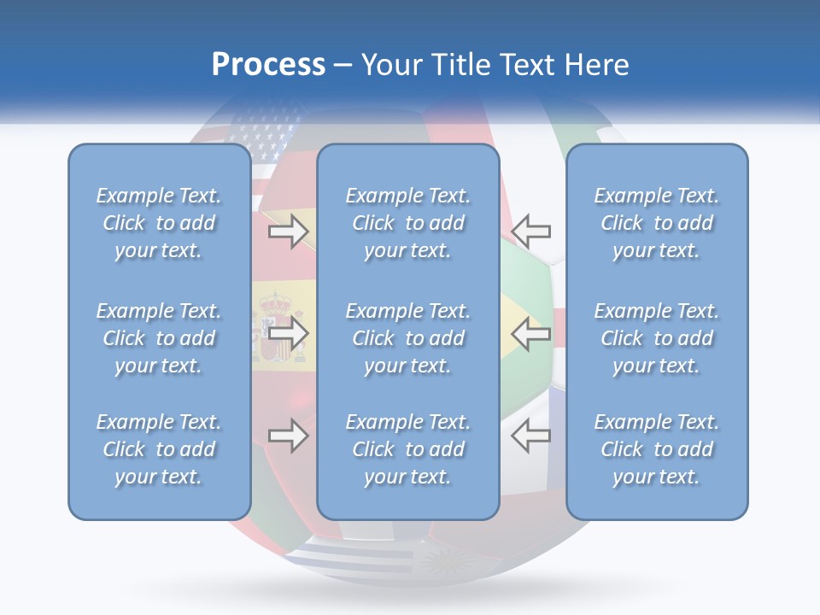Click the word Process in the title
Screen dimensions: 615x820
tap(268, 65)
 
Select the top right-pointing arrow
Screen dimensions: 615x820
tap(288, 231)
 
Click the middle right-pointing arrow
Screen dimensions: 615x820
tap(288, 333)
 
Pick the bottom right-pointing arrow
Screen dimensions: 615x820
tap(288, 436)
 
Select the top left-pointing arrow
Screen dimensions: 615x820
tap(530, 231)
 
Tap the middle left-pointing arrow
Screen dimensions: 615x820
tap(530, 333)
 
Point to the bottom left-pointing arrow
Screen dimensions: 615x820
tap(530, 436)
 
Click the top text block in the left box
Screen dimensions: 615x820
tap(159, 223)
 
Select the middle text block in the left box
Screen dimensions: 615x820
tap(159, 338)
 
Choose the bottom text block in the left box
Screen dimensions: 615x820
tap(159, 449)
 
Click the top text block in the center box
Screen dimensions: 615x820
tap(408, 223)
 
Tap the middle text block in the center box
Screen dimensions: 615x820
tap(408, 338)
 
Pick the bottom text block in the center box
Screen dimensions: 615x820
tap(408, 449)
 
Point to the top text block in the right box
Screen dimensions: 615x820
tap(657, 223)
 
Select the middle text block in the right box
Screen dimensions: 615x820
tap(657, 338)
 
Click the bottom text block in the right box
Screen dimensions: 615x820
tap(657, 449)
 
